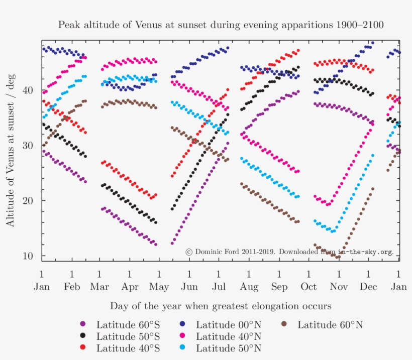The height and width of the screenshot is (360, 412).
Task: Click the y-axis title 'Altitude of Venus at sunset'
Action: pos(11,150)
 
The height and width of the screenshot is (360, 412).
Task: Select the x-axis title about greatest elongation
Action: pos(221,306)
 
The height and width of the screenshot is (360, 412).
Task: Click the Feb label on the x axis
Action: pos(72,287)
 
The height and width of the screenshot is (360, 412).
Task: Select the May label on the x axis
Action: pos(159,287)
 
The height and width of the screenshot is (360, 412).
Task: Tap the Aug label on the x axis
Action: pos(249,287)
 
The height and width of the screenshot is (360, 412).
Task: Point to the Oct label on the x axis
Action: pos(308,287)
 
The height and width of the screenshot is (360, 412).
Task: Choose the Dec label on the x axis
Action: pos(369,287)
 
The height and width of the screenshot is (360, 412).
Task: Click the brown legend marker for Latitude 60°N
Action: pos(284,324)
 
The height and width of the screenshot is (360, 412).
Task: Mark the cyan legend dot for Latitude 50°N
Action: pos(183,347)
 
